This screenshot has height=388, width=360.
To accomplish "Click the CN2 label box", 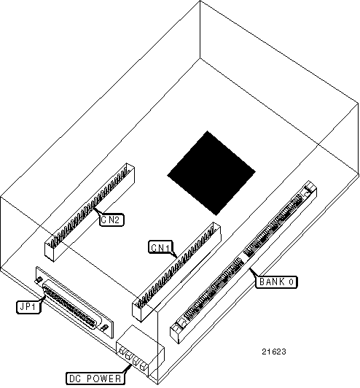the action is pos(111,220).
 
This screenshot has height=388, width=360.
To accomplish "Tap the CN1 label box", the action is pos(161,247).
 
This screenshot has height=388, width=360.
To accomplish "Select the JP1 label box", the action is pos(28,307).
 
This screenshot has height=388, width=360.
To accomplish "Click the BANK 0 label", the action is pos(276,282).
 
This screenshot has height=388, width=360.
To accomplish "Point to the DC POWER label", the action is pos(95,379).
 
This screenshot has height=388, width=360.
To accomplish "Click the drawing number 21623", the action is pos(274,352).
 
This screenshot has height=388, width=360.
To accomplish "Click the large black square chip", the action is pos(211,174).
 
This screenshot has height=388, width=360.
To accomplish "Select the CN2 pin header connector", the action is pos(90,212).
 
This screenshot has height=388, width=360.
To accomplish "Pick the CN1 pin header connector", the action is pos(176,272).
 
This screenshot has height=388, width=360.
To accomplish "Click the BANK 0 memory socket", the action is pos(243,262).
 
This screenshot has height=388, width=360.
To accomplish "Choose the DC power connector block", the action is pos(140,352).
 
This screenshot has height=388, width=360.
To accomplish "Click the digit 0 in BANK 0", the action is pos(291,282).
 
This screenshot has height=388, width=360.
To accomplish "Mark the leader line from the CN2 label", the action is pos(98,212).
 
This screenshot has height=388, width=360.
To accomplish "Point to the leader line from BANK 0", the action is pos(253,272).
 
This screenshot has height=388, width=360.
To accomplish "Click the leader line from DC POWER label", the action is pos(128,369).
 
